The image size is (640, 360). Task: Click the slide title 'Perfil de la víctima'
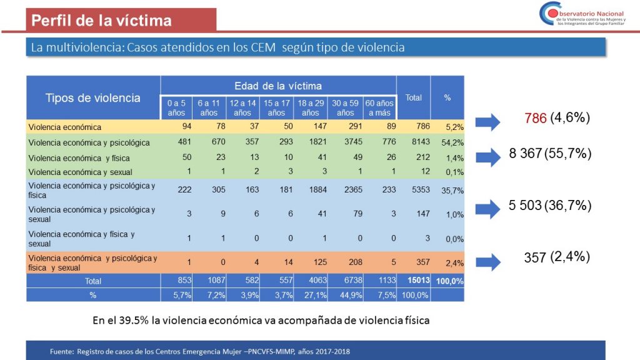pos(101,21)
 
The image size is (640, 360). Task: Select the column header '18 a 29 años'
pos(310,108)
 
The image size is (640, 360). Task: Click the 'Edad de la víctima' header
pos(278,86)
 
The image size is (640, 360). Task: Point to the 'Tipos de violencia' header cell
pos(92,98)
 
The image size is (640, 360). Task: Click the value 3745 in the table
pos(345,142)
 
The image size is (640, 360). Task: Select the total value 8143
pos(413,142)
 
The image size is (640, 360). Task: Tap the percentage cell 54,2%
pos(447,142)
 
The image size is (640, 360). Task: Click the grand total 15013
pos(413,281)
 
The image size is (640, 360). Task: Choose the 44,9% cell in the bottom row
pos(345,294)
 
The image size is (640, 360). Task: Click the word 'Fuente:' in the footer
pos(62,352)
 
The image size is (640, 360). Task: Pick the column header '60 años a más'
pos(379,108)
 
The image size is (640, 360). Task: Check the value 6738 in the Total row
pos(345,281)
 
